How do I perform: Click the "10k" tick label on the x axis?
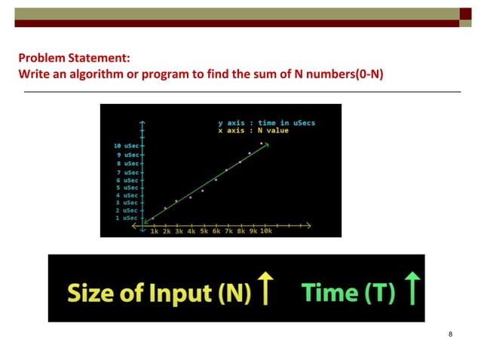266,232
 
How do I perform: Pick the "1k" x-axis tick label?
155,232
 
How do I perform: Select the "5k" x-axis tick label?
204,232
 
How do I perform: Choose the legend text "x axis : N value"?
253,130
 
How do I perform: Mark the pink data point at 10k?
262,143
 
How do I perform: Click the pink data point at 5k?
203,191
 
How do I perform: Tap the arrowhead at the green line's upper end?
267,145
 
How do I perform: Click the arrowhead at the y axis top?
142,121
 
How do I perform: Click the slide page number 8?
450,334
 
